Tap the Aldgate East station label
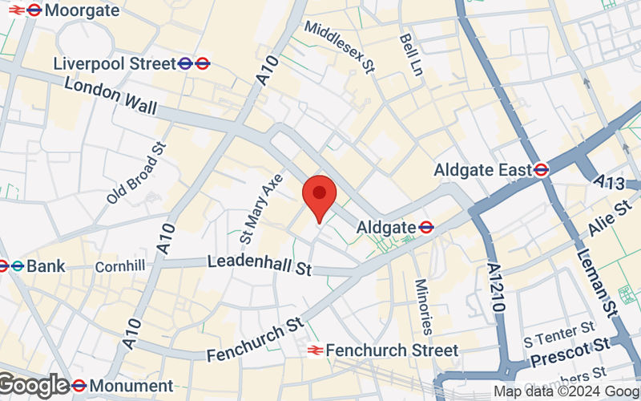click(482, 170)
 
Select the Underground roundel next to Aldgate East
click(542, 170)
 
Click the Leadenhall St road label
click(259, 265)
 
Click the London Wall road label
click(111, 95)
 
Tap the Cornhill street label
click(119, 265)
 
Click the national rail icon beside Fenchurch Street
click(315, 350)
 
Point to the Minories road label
click(423, 306)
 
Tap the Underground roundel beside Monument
click(79, 386)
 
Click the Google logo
click(34, 386)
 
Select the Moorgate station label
click(83, 10)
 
